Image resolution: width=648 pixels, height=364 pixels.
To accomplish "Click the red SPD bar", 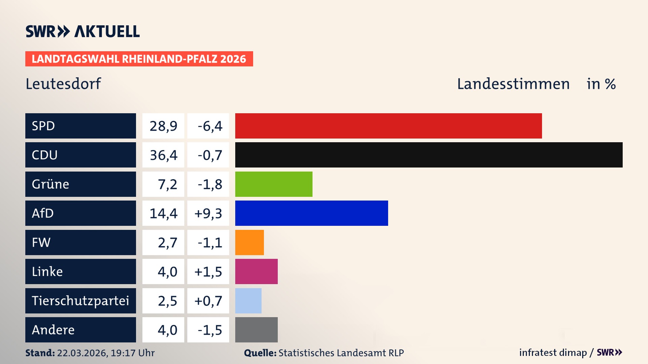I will (x=388, y=126).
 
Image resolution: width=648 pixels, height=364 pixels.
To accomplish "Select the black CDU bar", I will (x=429, y=155).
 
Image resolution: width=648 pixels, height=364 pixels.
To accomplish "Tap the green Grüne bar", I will (x=274, y=184).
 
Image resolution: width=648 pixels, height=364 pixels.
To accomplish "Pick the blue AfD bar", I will (x=312, y=213).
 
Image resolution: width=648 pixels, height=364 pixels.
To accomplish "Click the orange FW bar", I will (x=249, y=242).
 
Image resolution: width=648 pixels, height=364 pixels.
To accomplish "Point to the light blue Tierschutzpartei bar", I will (x=248, y=301).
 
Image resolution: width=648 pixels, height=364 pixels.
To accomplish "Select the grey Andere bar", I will (x=256, y=330).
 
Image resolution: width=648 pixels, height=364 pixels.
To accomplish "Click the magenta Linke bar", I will (x=256, y=271).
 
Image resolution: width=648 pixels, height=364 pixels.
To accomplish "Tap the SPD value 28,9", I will (x=163, y=126).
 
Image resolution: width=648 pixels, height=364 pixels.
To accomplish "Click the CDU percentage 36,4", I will (x=163, y=155).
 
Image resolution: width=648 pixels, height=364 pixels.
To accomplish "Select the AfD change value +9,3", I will (x=208, y=213).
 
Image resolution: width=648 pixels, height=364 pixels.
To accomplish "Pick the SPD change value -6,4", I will (x=210, y=126).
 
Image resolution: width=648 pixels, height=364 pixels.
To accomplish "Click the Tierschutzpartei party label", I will (x=80, y=301).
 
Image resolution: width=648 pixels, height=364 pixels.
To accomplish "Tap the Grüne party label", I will (x=50, y=184).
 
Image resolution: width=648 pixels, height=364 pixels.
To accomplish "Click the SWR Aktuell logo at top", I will (x=82, y=31).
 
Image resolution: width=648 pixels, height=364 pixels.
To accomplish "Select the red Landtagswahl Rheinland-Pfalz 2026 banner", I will (x=139, y=59).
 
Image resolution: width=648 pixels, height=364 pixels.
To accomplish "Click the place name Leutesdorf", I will (x=63, y=84).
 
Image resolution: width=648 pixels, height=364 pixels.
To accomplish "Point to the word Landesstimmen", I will (x=513, y=84).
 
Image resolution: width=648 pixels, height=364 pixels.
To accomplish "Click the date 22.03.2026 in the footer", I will (x=82, y=353).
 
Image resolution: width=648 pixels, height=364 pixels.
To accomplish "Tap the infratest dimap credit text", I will (x=552, y=353).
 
